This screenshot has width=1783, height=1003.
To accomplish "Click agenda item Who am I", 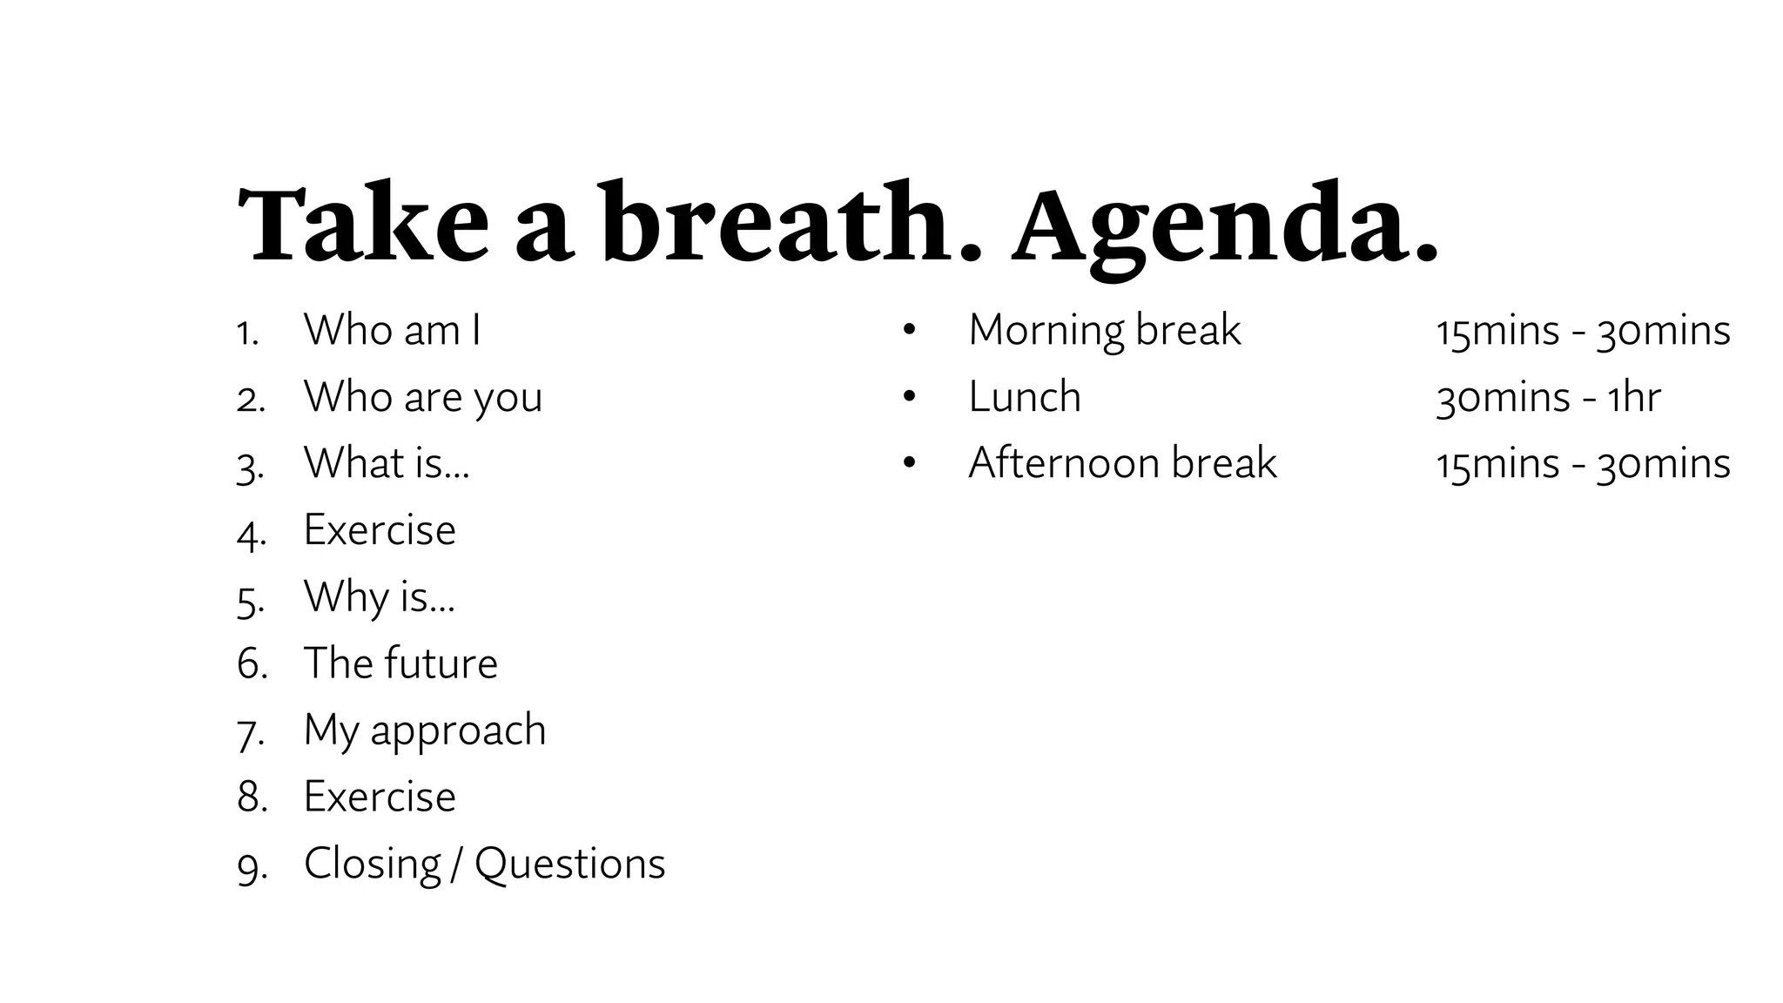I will (x=392, y=330).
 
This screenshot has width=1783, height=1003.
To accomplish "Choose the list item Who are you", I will (x=422, y=397).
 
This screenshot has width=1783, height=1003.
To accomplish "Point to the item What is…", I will (x=386, y=463).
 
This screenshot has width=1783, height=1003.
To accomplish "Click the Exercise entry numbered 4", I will (x=380, y=529).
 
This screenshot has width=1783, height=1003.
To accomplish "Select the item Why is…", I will (x=379, y=597).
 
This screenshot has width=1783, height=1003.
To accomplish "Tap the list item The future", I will (x=400, y=663).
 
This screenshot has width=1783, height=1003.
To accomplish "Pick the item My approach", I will (x=424, y=730).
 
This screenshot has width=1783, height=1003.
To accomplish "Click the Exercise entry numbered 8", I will (x=380, y=797).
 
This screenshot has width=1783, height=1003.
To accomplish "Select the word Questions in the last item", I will (x=569, y=865).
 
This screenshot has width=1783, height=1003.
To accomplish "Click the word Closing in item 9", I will (x=373, y=865).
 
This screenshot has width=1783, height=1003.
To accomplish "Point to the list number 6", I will (x=251, y=664).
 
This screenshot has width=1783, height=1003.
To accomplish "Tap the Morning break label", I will (x=1104, y=331).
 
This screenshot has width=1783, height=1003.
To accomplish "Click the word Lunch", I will (x=1025, y=397).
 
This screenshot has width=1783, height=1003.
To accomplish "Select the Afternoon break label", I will (x=1122, y=463).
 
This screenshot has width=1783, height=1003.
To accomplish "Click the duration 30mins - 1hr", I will (x=1548, y=398).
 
